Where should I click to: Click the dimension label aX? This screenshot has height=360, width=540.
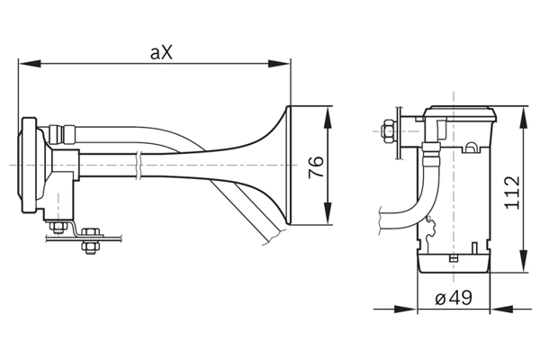[x=161, y=53]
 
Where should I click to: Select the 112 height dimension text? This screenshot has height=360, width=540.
[x=509, y=192]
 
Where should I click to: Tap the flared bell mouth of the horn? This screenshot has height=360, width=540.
[x=290, y=166]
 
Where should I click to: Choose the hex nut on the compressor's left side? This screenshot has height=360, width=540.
[x=388, y=131]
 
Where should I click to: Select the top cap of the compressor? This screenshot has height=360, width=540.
[x=456, y=113]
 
